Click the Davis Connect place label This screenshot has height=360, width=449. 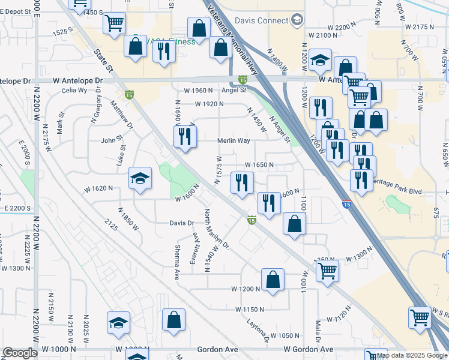[261, 20]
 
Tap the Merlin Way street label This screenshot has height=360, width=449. [234, 140]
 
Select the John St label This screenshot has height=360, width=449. [111, 141]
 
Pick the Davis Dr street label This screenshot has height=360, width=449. [182, 223]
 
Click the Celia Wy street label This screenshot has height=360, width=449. [74, 91]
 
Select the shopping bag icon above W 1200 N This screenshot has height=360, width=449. [273, 280]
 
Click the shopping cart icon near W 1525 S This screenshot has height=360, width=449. [114, 23]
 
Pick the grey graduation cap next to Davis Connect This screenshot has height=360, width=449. [297, 21]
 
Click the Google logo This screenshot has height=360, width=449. [20, 353]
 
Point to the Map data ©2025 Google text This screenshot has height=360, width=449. [412, 355]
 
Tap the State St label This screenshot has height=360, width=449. [103, 61]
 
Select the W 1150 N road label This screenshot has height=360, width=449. [250, 309]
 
